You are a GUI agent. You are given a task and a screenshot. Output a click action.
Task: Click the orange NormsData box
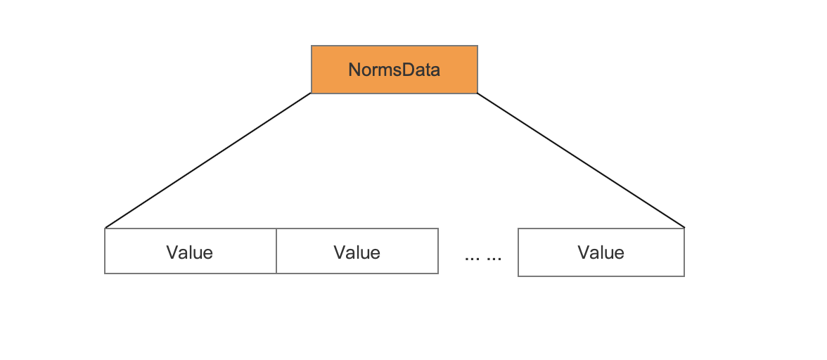pyautogui.click(x=395, y=70)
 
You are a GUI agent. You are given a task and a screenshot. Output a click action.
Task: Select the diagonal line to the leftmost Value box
pyautogui.click(x=208, y=160)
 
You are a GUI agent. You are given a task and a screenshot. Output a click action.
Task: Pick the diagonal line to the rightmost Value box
pyautogui.click(x=581, y=160)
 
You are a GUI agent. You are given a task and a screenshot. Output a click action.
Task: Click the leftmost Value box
pyautogui.click(x=191, y=251)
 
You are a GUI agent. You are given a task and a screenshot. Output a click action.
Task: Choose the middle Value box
pyautogui.click(x=357, y=251)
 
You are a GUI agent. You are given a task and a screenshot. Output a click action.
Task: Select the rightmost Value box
pyautogui.click(x=601, y=252)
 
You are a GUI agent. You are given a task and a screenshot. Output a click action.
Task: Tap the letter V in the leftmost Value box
pyautogui.click(x=172, y=252)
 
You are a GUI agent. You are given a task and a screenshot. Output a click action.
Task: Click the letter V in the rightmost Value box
pyautogui.click(x=584, y=252)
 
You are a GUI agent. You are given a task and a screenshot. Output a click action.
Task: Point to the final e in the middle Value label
pyautogui.click(x=375, y=254)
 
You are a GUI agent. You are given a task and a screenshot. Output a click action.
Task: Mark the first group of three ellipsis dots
pyautogui.click(x=473, y=259)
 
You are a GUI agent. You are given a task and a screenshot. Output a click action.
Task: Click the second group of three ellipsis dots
pyautogui.click(x=494, y=259)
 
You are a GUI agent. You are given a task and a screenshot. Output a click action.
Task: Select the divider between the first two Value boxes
pyautogui.click(x=276, y=251)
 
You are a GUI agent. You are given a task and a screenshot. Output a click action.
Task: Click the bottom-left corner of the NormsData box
pyautogui.click(x=311, y=94)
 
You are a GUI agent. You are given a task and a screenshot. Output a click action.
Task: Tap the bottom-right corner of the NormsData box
pyautogui.click(x=477, y=94)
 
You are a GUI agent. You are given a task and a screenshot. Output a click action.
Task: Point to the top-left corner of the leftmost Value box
pyautogui.click(x=105, y=229)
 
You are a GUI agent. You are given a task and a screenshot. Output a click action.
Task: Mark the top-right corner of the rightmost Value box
pyautogui.click(x=684, y=229)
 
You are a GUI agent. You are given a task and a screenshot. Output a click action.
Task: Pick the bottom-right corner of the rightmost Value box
pyautogui.click(x=684, y=276)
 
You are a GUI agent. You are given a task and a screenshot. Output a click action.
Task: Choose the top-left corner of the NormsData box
pyautogui.click(x=311, y=46)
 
